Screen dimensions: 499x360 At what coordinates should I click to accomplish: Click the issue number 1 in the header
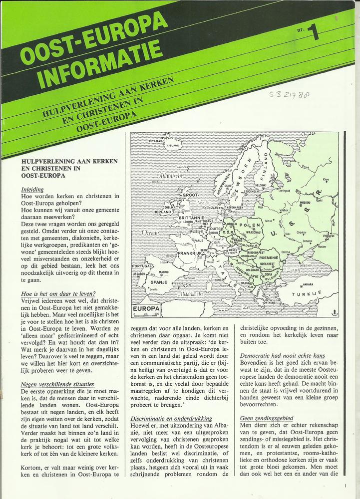coord(314,32)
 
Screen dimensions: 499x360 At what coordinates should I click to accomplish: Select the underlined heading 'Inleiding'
coord(32,190)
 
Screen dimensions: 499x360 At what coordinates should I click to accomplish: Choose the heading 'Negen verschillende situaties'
coord(57,384)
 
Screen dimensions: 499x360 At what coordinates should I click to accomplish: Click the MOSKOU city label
coord(305,203)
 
